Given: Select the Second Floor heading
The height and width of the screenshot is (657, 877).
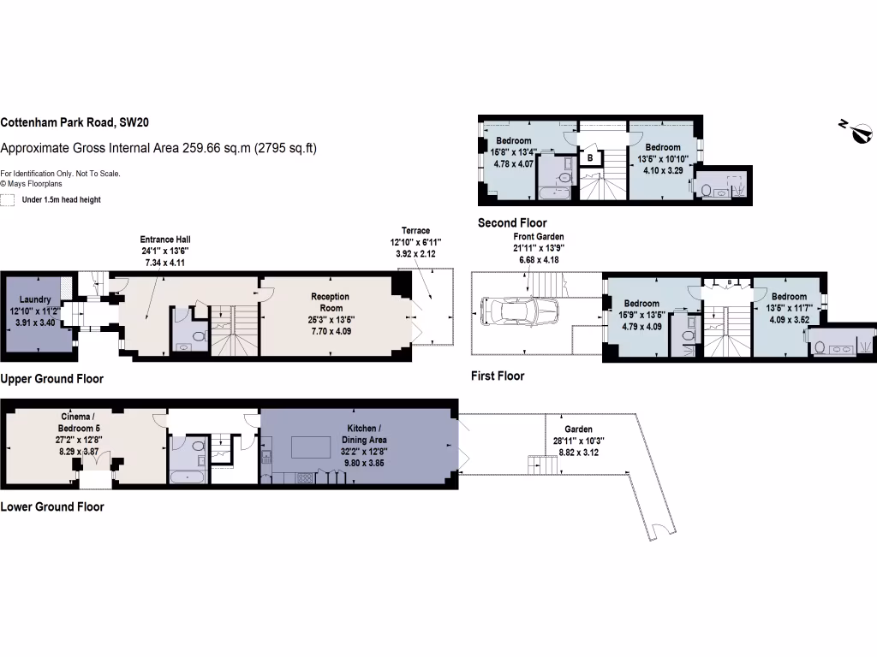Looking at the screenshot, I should point(513,222).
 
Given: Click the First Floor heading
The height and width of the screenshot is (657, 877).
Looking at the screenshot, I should point(498,376).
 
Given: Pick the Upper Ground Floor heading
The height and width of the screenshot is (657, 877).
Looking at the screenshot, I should point(52,378).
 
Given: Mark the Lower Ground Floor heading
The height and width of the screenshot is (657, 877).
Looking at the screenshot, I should point(52,506).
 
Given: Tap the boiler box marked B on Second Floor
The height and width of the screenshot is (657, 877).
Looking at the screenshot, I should point(589,157).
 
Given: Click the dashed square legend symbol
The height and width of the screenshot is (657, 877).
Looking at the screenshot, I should point(9,200).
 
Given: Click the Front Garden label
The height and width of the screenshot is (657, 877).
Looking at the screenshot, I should point(540,236).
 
